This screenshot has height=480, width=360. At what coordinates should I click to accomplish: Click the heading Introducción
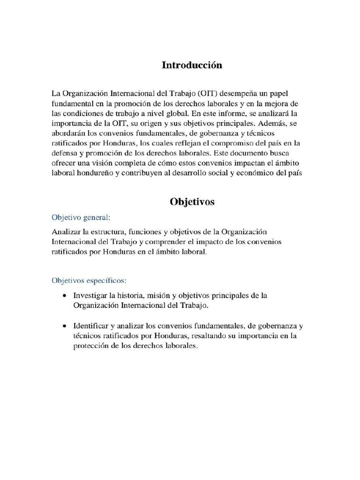pos(192,65)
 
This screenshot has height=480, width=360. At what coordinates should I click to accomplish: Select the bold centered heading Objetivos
pos(192,202)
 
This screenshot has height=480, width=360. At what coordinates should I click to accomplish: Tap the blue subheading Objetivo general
pos(81,217)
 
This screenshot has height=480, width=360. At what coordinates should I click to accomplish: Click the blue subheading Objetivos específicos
pos(89,280)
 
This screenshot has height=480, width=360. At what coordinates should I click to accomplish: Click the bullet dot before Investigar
pos(64,296)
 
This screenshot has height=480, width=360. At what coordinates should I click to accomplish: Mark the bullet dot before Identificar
pos(64,325)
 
